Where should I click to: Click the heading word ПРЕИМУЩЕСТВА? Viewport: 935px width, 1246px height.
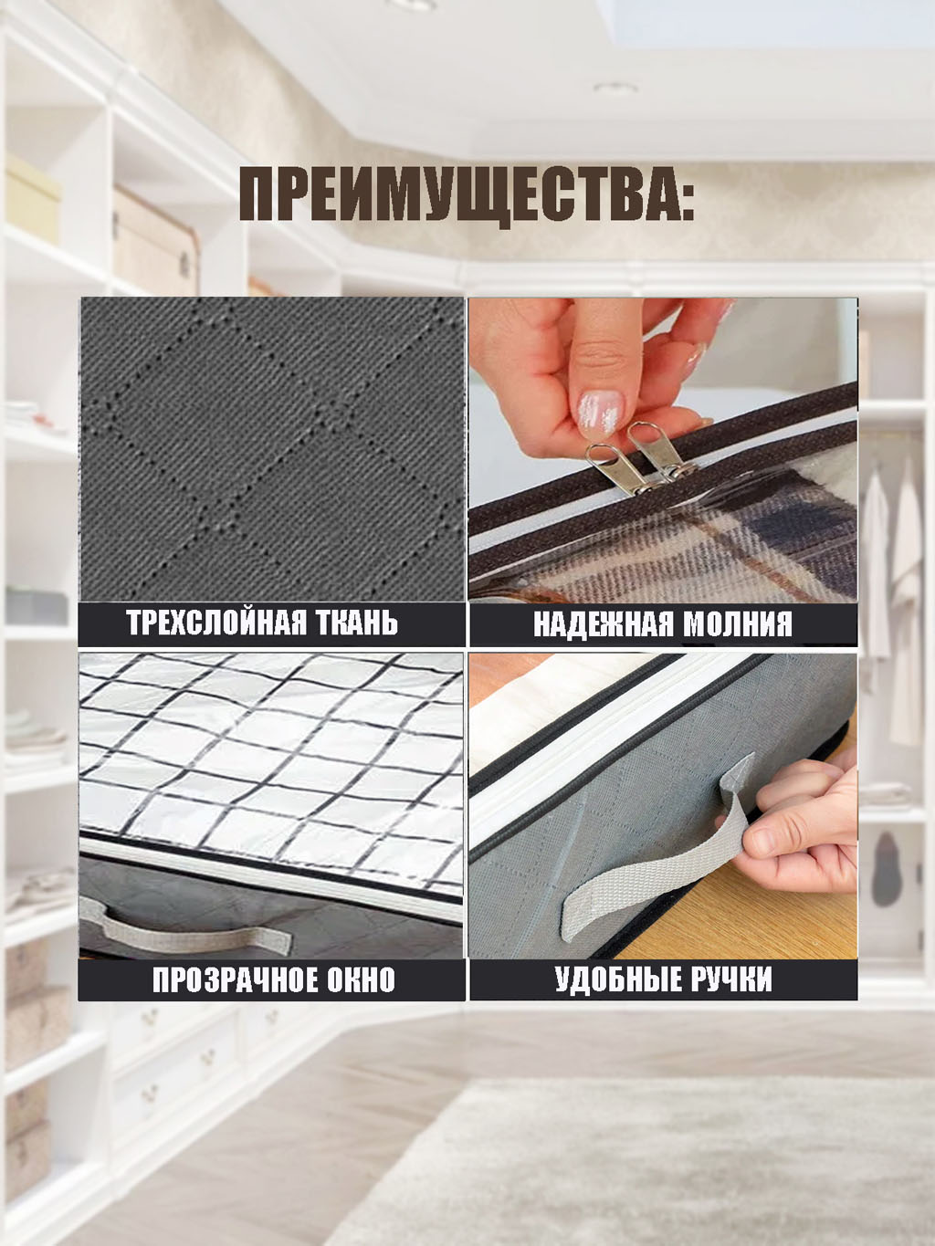point(456,194)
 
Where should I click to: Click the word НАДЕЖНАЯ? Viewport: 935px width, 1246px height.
point(601,623)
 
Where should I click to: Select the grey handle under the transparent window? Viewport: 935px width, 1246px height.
point(184,925)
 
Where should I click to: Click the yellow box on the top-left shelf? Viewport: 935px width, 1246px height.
point(32,199)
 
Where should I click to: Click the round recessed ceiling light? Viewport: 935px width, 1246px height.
point(615,88)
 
